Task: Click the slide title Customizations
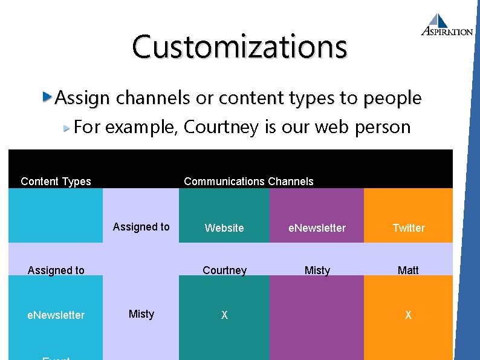pos(239,47)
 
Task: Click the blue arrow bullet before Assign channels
pos(48,97)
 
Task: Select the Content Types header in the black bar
pos(56,182)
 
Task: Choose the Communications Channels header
pos(248,182)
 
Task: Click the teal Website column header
pos(224,228)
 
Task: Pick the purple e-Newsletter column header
pos(317,228)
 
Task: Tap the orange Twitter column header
pos(409,228)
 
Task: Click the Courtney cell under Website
pos(224,270)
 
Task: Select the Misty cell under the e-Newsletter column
pos(317,270)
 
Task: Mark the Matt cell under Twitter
pos(408,270)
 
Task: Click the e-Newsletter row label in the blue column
pos(56,315)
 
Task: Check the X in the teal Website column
pos(224,315)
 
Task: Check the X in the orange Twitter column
pos(408,315)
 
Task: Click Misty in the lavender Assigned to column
pos(141,314)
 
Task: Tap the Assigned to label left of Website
pos(141,227)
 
